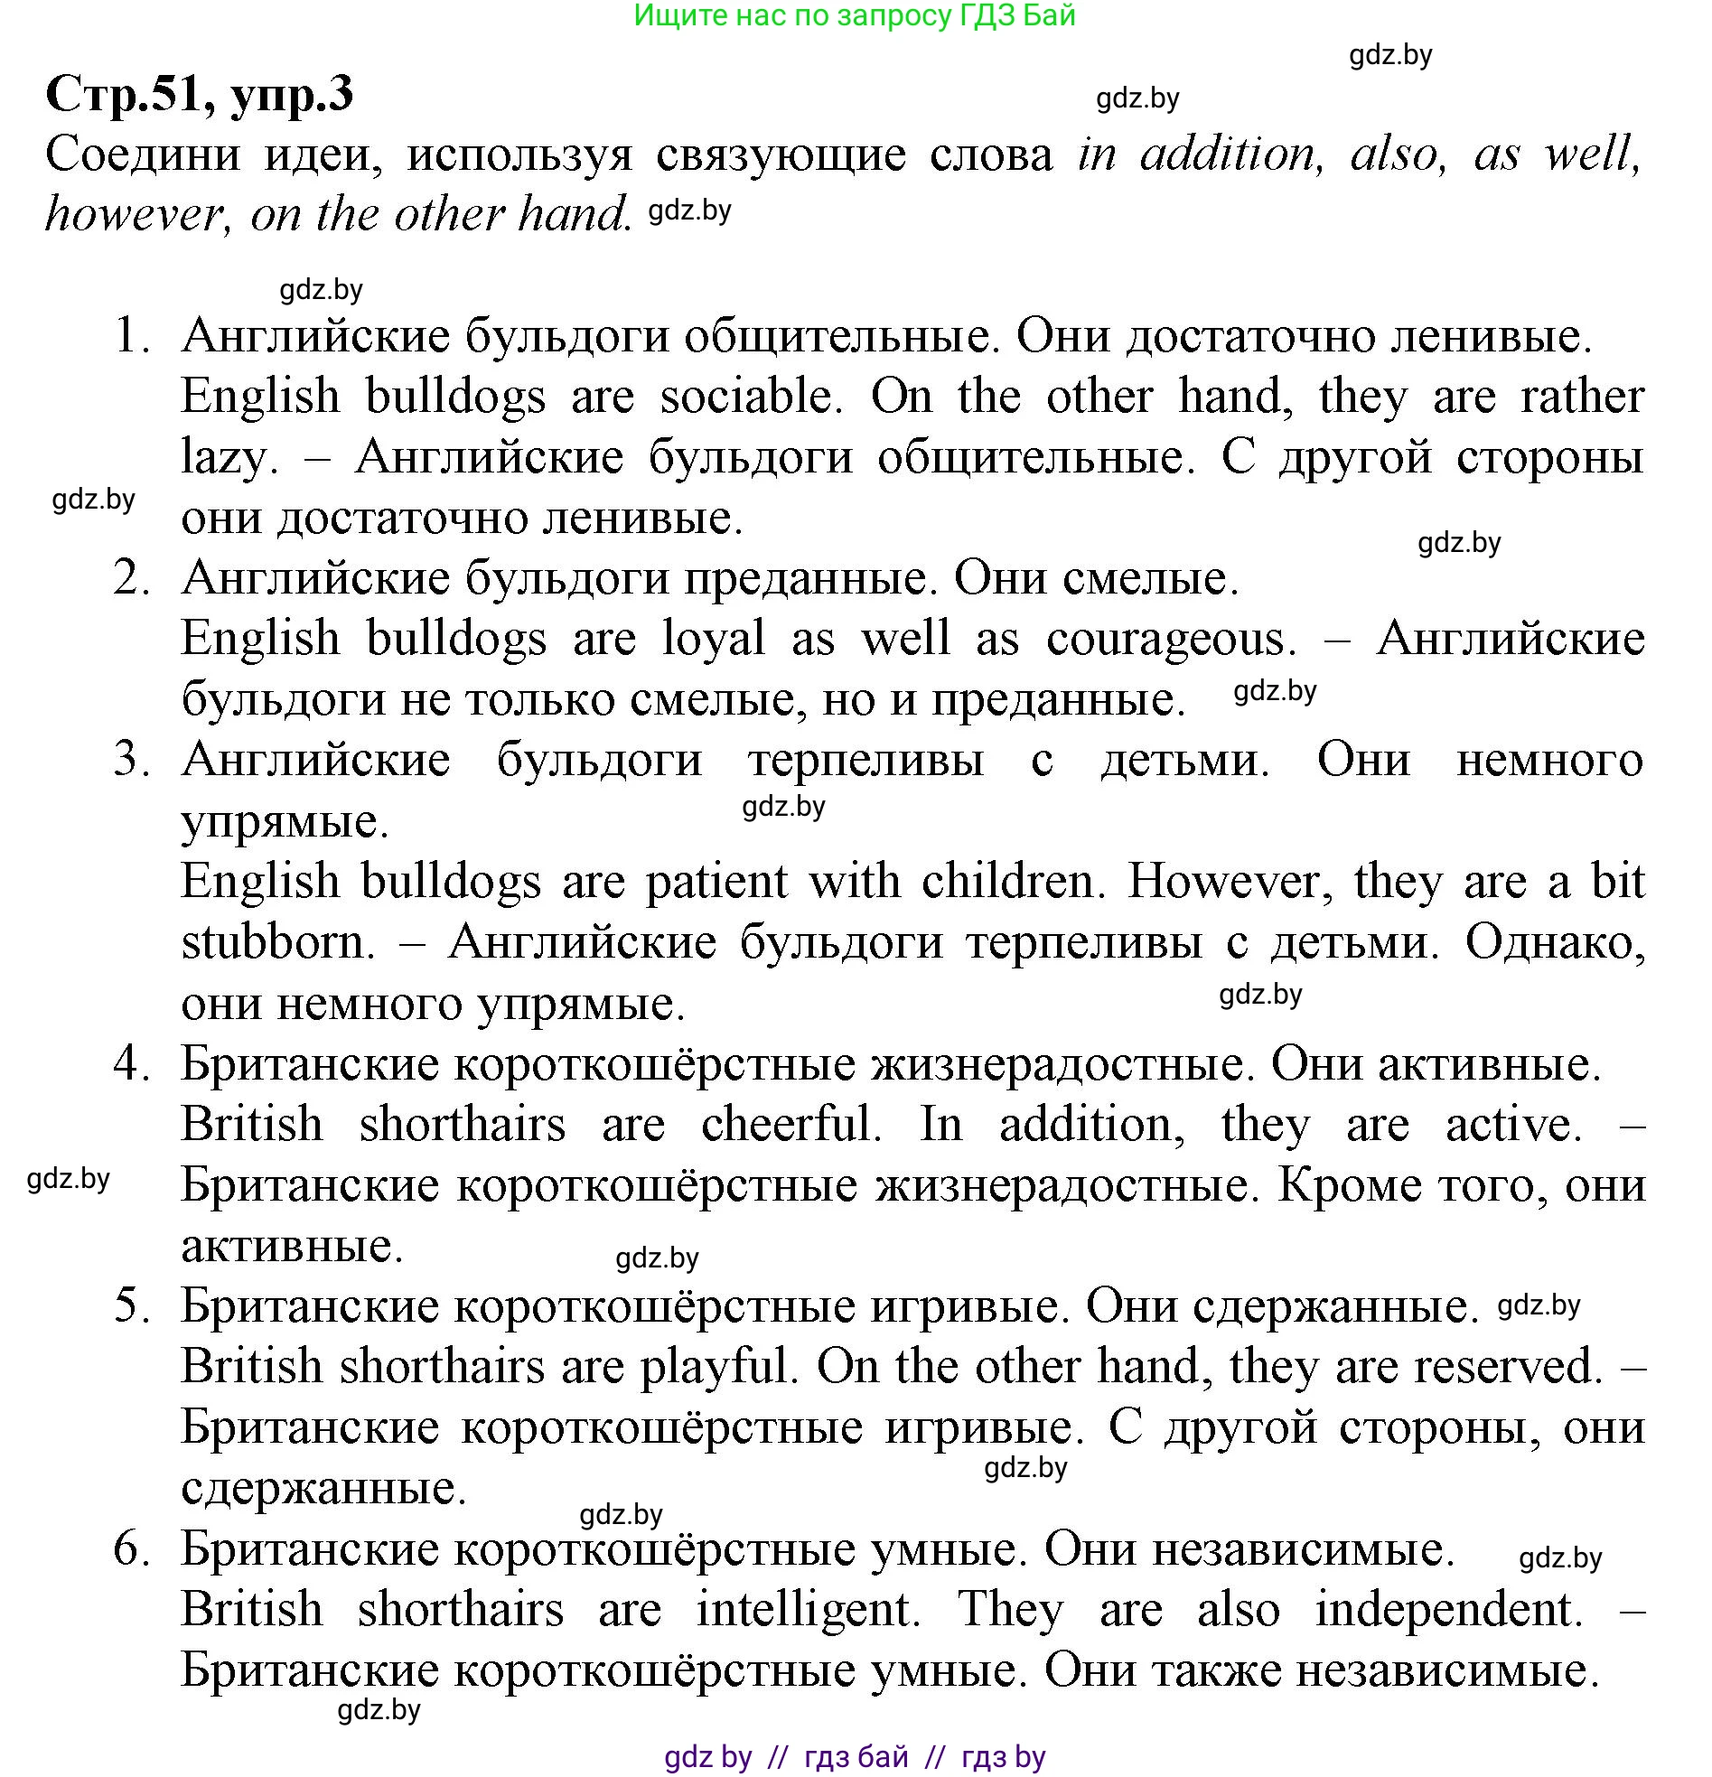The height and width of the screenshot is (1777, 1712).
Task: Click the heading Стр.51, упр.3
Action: [x=199, y=94]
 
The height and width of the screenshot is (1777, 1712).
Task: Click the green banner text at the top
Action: [x=854, y=15]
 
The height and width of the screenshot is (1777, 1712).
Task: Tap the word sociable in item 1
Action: [x=745, y=397]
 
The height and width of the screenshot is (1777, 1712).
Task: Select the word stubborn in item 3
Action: [x=277, y=942]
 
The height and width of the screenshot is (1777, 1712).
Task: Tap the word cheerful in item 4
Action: [x=790, y=1124]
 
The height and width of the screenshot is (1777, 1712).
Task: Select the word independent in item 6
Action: [x=1448, y=1609]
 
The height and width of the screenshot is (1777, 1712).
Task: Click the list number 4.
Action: [x=131, y=1063]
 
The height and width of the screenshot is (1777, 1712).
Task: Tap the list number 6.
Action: [x=131, y=1548]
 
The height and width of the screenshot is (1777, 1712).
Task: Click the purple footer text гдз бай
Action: [x=856, y=1757]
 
